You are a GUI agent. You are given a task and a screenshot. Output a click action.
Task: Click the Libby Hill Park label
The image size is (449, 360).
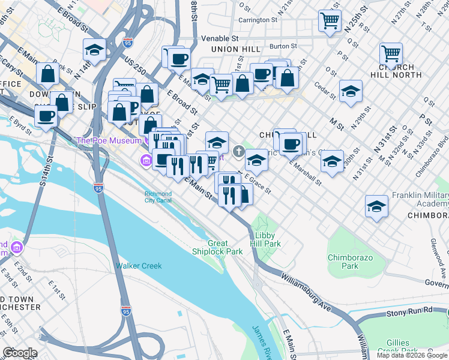pyautogui.click(x=268, y=240)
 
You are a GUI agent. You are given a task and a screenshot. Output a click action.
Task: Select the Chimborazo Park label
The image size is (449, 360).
pyautogui.click(x=346, y=262)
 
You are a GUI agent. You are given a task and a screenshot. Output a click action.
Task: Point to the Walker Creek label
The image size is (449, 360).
pyautogui.click(x=139, y=266)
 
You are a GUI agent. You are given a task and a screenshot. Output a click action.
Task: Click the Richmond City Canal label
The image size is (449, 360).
pyautogui.click(x=158, y=197)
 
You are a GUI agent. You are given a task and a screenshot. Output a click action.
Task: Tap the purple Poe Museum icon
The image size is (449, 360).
pyautogui.click(x=145, y=160)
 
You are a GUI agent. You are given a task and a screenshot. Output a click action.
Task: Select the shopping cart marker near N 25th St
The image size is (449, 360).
pyautogui.click(x=330, y=20)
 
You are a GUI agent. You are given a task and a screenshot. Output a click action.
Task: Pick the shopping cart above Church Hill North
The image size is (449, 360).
pyautogui.click(x=391, y=53)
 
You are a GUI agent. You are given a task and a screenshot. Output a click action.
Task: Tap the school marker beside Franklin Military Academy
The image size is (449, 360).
pyautogui.click(x=376, y=206)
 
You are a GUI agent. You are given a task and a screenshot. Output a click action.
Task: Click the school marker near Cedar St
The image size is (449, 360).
pyautogui.click(x=351, y=92)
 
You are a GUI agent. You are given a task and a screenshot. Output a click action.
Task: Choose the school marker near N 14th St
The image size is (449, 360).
pyautogui.click(x=94, y=50)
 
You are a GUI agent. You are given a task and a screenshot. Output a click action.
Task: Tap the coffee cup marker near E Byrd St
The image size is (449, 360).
pyautogui.click(x=46, y=116)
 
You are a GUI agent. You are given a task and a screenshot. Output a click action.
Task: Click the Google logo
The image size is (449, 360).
pyautogui.click(x=20, y=353)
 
